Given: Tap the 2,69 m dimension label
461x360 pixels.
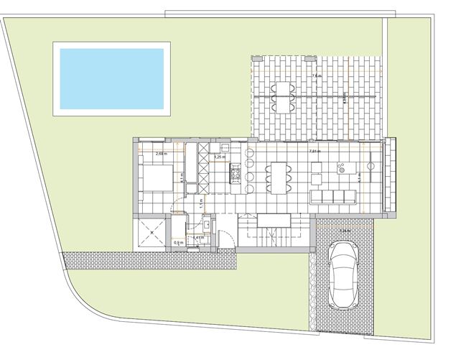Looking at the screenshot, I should point(162,154).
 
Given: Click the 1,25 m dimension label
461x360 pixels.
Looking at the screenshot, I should point(220,156).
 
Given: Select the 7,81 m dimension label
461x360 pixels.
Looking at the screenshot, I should point(314,152).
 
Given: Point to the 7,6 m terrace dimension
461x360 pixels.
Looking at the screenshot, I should point(315,75).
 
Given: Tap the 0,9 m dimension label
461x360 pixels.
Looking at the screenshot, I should point(179,243).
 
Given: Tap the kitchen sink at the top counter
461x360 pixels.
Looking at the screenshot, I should point(203,152).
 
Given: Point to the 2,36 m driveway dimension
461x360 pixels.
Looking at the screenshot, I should point(345,231).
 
